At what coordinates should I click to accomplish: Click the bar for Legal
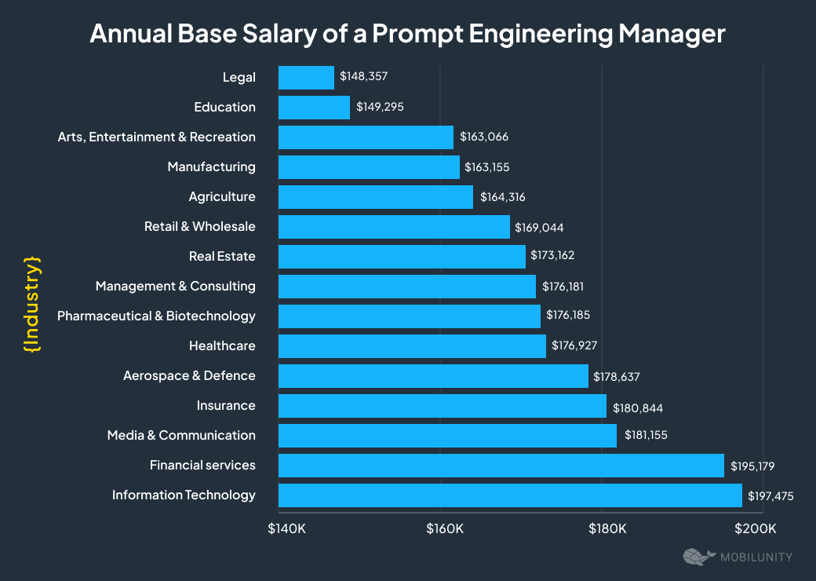point(306,77)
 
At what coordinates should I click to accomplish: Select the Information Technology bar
point(510,495)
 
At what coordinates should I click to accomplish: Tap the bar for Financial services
point(501,465)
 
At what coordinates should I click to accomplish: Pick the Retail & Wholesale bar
point(394,226)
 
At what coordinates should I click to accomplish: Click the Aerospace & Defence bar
point(433,375)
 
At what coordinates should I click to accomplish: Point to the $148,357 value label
point(364,77)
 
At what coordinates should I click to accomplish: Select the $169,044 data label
point(539,227)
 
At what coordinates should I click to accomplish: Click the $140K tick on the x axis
point(287,528)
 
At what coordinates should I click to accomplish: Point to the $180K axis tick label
point(607,528)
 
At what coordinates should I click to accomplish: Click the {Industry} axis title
point(31,302)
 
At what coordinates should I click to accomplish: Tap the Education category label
point(224,107)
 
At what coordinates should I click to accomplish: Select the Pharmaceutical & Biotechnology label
point(156,316)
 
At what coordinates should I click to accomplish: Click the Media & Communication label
point(181,435)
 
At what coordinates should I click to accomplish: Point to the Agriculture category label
point(222,196)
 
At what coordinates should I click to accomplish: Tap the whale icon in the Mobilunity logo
point(698,557)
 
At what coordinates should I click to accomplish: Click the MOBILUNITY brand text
point(756,557)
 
